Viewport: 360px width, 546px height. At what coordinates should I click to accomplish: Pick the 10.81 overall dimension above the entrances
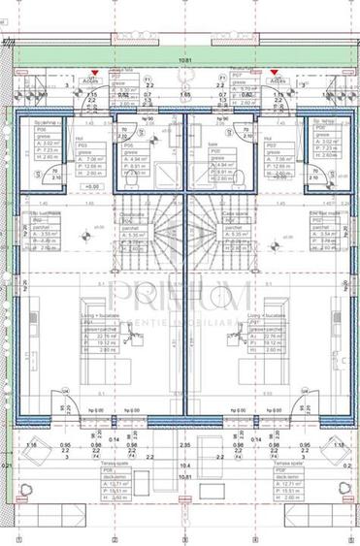click(x=179, y=60)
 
